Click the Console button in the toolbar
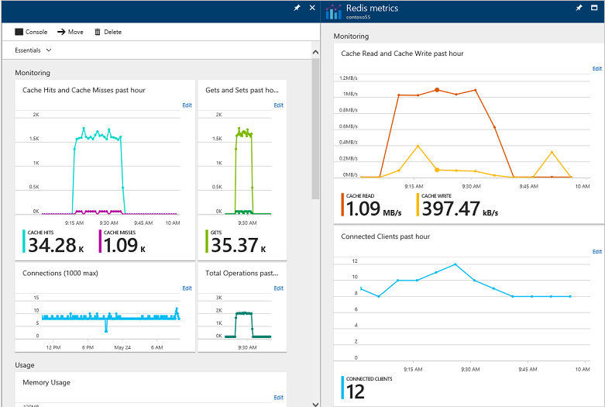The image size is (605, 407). click(x=31, y=32)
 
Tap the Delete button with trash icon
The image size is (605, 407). click(x=108, y=32)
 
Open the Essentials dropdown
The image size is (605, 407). click(x=33, y=50)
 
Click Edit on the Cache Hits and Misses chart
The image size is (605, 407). click(x=187, y=105)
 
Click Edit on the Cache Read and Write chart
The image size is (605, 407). click(x=596, y=69)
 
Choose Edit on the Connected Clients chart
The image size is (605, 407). click(x=596, y=252)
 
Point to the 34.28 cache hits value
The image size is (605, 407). click(x=53, y=246)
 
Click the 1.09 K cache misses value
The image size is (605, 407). click(x=120, y=246)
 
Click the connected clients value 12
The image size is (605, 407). click(x=356, y=392)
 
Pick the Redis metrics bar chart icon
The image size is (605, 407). click(x=334, y=12)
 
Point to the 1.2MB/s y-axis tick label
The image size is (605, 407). click(x=348, y=78)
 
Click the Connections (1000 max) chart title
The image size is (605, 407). click(x=60, y=273)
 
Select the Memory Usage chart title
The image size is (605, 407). click(x=46, y=382)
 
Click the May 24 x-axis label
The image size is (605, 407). click(x=122, y=347)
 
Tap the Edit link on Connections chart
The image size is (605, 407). click(x=187, y=288)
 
